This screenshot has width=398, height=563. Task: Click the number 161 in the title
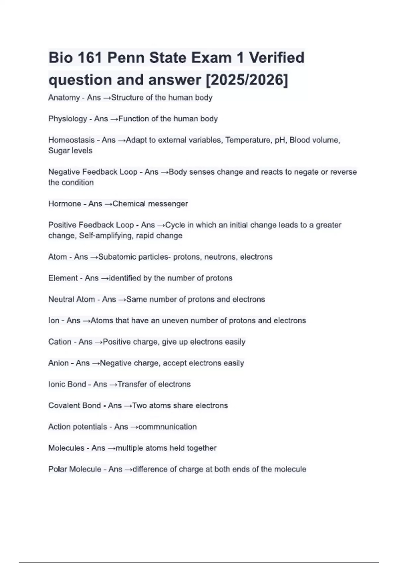click(90, 58)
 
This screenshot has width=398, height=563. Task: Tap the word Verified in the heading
click(277, 58)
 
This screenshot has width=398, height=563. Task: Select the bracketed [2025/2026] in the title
click(247, 80)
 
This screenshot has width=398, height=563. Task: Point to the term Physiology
click(68, 119)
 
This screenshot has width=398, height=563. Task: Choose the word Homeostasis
click(71, 140)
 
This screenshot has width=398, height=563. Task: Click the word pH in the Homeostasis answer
click(280, 140)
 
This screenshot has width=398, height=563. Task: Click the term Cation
click(60, 341)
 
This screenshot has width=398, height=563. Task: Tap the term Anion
click(58, 363)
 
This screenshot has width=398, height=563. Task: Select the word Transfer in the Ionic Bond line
click(132, 384)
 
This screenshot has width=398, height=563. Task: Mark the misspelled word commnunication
click(167, 427)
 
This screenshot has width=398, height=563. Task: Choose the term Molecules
click(66, 448)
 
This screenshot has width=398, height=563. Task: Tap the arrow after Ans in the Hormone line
click(108, 204)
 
